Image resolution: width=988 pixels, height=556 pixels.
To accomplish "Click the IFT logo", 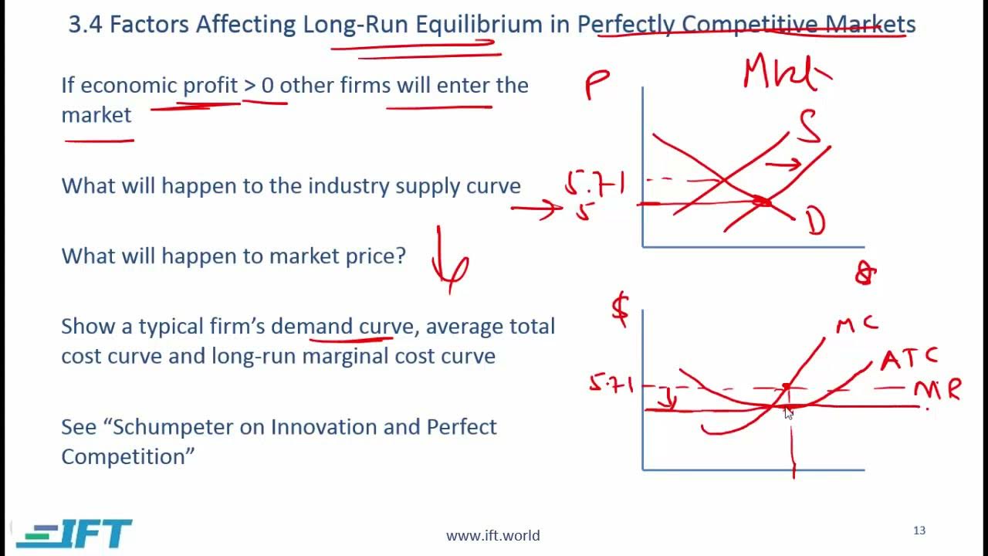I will [75, 534].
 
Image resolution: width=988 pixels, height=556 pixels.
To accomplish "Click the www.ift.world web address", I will [492, 535].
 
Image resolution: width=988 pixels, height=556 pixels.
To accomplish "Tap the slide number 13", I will [919, 531].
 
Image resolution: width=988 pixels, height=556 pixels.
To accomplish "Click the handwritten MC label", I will [857, 325].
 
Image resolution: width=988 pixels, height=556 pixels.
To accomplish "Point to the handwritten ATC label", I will [909, 358].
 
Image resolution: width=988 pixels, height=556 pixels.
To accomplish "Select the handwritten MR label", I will [938, 390].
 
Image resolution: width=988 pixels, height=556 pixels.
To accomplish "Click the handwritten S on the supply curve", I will [809, 128].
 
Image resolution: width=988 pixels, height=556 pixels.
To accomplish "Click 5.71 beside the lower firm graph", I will [611, 384].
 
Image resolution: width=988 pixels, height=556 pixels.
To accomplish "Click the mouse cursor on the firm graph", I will [788, 412].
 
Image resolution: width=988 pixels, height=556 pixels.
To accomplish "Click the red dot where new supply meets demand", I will [762, 202].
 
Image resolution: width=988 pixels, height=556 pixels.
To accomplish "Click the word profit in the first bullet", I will [210, 85].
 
